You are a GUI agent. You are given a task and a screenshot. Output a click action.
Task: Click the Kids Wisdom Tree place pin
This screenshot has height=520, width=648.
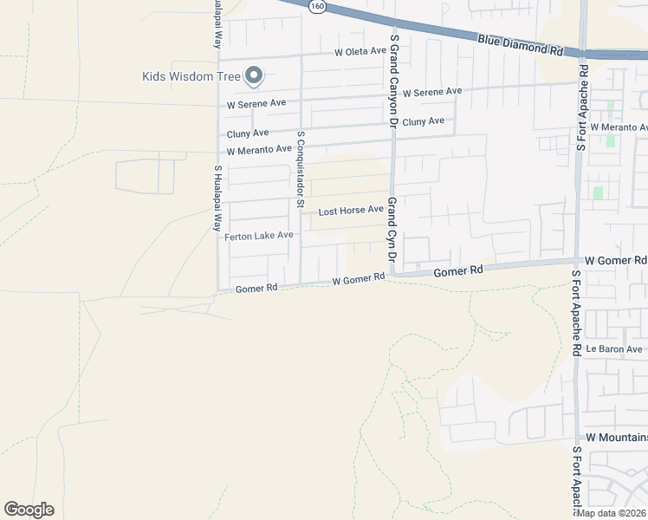(254, 76)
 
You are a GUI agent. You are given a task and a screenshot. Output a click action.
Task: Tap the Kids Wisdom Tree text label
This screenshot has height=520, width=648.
(191, 76)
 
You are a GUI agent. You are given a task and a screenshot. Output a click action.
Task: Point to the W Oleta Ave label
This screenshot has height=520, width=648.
(360, 52)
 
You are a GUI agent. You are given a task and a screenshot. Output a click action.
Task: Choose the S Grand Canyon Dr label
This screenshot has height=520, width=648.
(393, 79)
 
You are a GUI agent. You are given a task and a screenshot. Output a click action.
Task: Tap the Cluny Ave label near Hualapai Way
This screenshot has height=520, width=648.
(248, 133)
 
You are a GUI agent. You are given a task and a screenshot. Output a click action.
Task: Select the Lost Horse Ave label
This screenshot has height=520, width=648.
(350, 211)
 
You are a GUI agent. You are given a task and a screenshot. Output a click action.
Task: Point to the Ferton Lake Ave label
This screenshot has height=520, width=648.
(259, 236)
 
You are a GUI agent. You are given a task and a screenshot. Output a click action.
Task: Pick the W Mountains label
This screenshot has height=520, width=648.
(616, 439)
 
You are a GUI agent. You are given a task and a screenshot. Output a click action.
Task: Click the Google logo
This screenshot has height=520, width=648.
(29, 510)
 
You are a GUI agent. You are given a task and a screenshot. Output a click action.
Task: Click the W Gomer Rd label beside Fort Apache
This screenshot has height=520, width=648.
(615, 260)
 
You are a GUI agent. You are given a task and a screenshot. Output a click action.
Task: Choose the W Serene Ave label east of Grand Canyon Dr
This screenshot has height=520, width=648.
(431, 92)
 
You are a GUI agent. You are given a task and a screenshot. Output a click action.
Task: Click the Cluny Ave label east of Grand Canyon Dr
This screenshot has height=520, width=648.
(423, 121)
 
